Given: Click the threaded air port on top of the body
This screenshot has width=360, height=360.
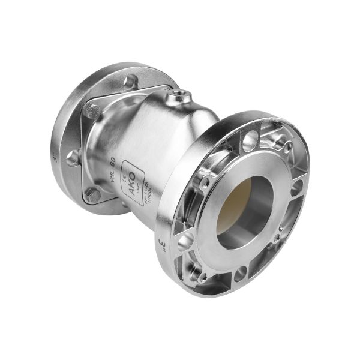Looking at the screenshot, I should (180, 94).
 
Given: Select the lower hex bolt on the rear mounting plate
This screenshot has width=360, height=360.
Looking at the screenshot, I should (92, 194).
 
